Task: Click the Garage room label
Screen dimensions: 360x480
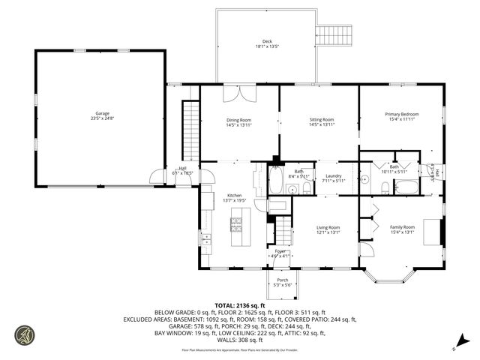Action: [x=101, y=115]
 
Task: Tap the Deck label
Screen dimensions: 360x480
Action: [x=266, y=43]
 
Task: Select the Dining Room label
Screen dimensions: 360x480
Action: [x=239, y=122]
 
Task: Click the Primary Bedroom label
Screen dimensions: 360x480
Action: [x=401, y=116]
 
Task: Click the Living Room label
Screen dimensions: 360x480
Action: [x=328, y=229]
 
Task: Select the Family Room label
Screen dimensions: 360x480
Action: [x=401, y=229]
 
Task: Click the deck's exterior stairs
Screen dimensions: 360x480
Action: [x=334, y=34]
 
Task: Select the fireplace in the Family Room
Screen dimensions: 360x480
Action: [x=432, y=231]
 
